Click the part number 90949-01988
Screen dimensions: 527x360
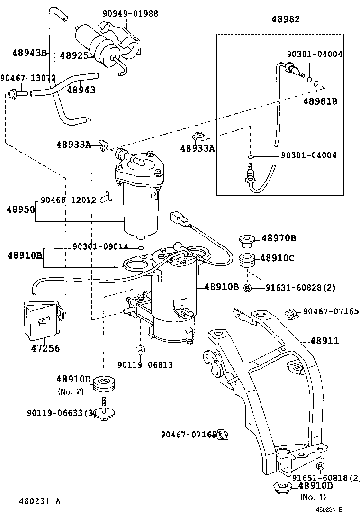click(x=130, y=13)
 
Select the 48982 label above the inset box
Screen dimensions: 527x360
click(x=285, y=19)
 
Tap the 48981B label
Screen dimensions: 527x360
click(x=320, y=101)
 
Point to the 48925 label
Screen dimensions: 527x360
click(x=74, y=55)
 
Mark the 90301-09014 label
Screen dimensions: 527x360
click(x=100, y=247)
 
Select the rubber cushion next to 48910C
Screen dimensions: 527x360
click(x=247, y=260)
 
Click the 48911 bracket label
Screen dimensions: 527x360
click(x=325, y=341)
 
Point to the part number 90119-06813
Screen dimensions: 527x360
click(x=144, y=364)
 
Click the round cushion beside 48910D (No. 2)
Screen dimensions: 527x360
click(x=105, y=383)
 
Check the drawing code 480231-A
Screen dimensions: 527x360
click(x=40, y=501)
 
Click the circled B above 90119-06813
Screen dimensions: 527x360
click(x=141, y=350)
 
